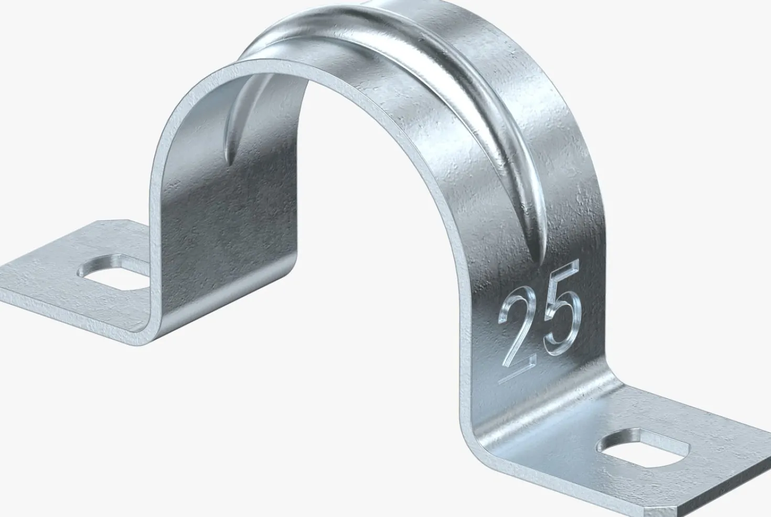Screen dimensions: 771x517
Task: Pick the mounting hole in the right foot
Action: tap(643, 447)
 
